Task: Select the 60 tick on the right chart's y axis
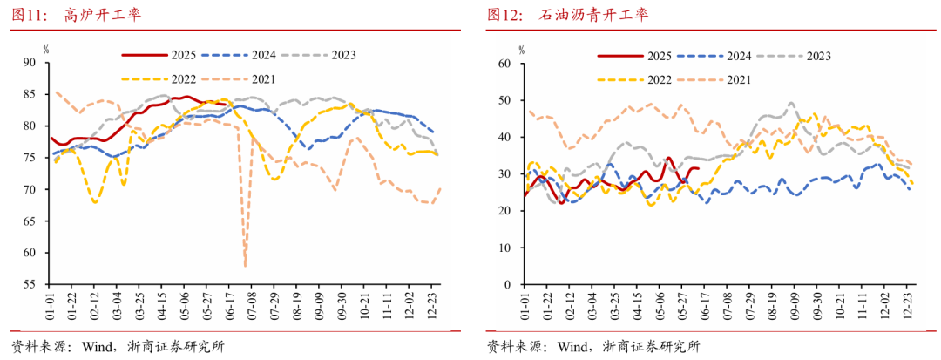(x=504, y=63)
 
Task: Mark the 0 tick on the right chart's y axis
(x=507, y=285)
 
